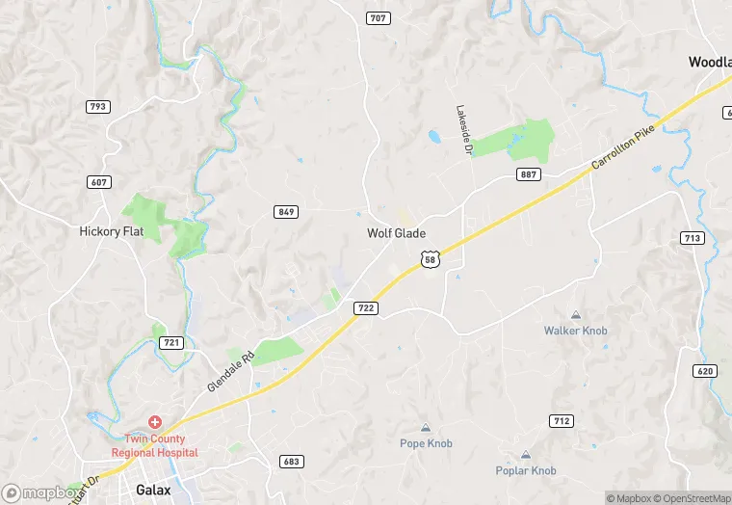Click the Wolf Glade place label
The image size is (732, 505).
pos(396,233)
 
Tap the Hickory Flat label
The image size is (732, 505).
pos(111,231)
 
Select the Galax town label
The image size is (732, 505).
pos(153,490)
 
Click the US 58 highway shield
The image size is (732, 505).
pos(431,257)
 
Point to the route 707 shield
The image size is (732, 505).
pos(377,18)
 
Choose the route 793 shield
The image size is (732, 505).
pos(97,106)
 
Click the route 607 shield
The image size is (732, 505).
pos(97,181)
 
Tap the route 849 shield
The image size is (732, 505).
pos(285,212)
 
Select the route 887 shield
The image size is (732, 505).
pos(528,174)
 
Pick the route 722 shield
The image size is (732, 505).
pos(365,307)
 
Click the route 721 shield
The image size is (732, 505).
pos(171,342)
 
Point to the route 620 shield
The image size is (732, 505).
pos(705,371)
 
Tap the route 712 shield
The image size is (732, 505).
pos(562,420)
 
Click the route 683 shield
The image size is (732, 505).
pos(292,462)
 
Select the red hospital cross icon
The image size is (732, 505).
pos(154,423)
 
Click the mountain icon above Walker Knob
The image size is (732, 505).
pos(576,315)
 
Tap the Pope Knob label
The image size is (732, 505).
pos(426,443)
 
